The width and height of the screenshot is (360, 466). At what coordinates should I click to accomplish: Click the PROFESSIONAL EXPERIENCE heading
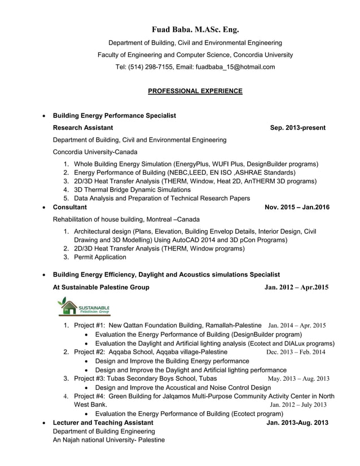point(195,91)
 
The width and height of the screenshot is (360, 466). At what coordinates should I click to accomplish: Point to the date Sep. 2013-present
point(297,128)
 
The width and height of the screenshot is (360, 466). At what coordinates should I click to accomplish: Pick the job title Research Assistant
point(82,128)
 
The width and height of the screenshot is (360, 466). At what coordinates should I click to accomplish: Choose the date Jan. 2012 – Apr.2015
point(296,288)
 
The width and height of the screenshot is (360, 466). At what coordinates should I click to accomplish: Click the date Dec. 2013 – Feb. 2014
point(295,352)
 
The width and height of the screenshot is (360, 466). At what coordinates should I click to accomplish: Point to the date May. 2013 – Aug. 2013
point(298,379)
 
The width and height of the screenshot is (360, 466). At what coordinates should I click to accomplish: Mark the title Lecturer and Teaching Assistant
point(102,423)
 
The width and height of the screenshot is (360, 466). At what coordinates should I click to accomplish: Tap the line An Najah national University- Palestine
point(108,439)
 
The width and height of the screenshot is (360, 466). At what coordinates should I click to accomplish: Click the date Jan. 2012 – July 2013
point(298,405)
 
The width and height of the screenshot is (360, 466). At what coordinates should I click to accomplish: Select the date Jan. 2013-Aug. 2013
point(297,423)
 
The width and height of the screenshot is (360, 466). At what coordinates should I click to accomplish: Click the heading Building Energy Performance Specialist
point(114,116)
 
